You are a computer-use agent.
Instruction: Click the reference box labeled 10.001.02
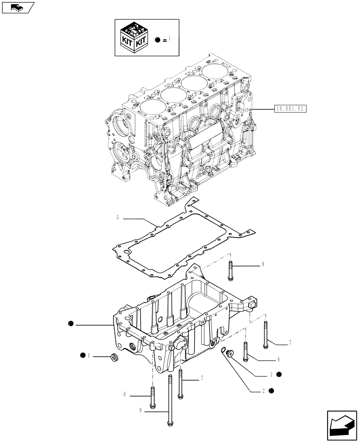[x=291, y=108]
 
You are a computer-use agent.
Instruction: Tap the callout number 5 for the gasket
[x=117, y=218]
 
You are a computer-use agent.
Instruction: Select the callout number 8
[x=263, y=264]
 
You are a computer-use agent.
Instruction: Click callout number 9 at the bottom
[x=140, y=411]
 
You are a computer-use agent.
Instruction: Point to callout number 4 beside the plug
[x=89, y=355]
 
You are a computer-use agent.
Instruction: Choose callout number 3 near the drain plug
[x=270, y=374]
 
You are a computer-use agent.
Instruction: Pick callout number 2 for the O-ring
[x=263, y=391]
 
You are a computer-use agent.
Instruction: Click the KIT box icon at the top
[x=134, y=37]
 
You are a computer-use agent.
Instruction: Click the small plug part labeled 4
[x=114, y=357]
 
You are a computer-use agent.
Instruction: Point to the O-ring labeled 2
[x=224, y=351]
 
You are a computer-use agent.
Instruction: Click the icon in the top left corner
[x=17, y=7]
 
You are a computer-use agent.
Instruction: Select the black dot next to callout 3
[x=279, y=374]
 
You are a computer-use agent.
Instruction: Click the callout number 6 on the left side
[x=125, y=394]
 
